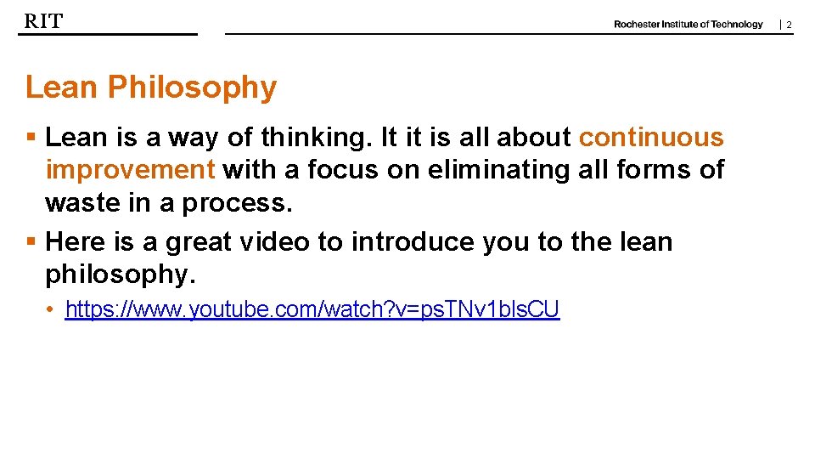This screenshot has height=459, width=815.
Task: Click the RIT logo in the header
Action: click(43, 21)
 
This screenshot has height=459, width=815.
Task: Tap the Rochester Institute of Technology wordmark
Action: click(688, 25)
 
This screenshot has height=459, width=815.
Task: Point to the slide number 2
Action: click(788, 25)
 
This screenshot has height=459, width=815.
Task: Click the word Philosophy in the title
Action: click(192, 88)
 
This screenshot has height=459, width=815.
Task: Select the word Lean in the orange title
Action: click(62, 87)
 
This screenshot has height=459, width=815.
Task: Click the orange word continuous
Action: click(651, 138)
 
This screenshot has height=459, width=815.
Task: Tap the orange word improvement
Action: click(130, 170)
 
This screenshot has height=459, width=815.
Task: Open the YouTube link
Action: click(312, 309)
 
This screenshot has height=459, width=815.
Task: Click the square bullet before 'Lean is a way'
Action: click(31, 138)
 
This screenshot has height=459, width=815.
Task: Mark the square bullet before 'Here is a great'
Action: click(31, 242)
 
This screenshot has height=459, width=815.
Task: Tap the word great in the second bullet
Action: click(199, 242)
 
